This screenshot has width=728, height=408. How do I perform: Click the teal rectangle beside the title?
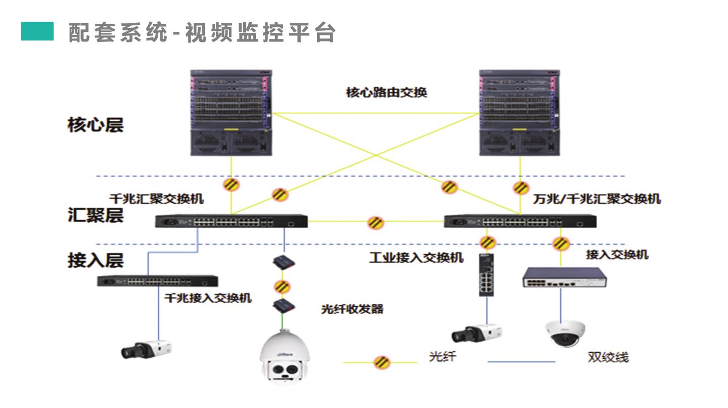(x=37, y=31)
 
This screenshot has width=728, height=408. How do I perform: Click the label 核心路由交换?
(x=386, y=93)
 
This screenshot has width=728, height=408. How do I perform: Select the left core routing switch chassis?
(x=231, y=112)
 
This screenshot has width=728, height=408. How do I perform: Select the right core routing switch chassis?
(x=520, y=112)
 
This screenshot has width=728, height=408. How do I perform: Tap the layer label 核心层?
(x=96, y=125)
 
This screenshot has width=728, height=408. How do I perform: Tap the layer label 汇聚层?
(x=96, y=216)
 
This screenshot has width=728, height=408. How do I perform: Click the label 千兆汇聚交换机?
(x=157, y=199)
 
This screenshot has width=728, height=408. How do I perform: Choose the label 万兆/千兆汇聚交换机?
(x=597, y=199)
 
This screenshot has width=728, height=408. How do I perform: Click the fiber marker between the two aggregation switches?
(x=376, y=222)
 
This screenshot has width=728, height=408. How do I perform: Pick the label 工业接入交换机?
(x=416, y=258)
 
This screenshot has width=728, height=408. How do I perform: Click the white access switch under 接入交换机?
(x=565, y=277)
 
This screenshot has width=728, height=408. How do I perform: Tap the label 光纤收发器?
(x=352, y=309)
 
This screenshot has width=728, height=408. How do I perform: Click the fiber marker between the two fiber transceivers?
(x=282, y=286)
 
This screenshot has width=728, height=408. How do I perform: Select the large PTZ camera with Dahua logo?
(x=284, y=357)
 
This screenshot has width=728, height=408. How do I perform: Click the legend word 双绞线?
(x=608, y=357)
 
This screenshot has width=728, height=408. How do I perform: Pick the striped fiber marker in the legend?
(x=382, y=362)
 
